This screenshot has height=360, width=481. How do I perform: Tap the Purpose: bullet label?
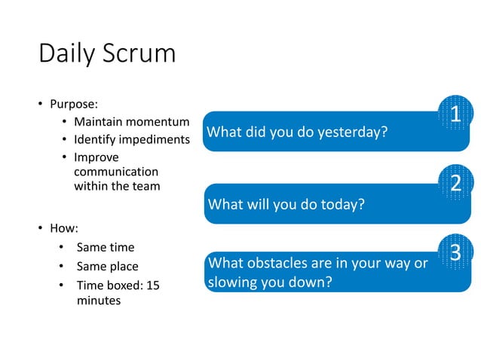pos(74,103)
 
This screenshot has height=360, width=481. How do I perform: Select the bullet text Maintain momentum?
pos(130,122)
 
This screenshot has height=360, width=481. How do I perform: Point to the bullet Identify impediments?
pos(130,139)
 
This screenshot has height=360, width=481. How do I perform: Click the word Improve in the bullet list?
pos(96,157)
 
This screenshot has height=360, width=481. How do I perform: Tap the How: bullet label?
pos(64,227)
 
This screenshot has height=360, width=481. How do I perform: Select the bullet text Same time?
pos(105,247)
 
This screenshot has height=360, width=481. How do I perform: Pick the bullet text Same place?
pos(107,267)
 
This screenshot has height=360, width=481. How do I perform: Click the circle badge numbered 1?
pos(455,114)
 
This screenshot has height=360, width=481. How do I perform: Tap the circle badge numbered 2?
pos(455,184)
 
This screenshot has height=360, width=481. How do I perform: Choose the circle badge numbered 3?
pos(455,252)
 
